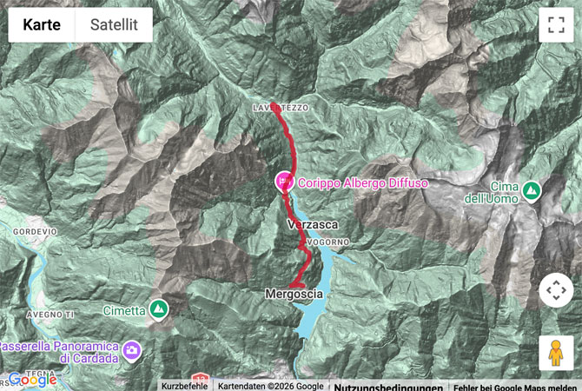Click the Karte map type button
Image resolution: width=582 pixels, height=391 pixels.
42,25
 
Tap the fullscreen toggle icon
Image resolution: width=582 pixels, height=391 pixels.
556,25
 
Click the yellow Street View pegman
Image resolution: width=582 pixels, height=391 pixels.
556,353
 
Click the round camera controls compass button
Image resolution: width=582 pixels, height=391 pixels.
556,290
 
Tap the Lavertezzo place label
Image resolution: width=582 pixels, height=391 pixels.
280,107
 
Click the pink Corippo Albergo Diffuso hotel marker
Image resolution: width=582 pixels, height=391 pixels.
283,182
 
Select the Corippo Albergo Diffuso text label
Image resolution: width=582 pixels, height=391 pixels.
363,183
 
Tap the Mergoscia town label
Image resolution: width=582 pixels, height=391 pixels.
294,295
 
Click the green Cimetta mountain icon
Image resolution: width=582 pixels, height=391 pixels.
158,308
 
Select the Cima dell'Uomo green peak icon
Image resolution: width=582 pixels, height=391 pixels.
531,189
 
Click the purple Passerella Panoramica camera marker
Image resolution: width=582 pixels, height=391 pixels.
131,350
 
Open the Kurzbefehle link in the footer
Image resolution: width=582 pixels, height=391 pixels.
183,385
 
